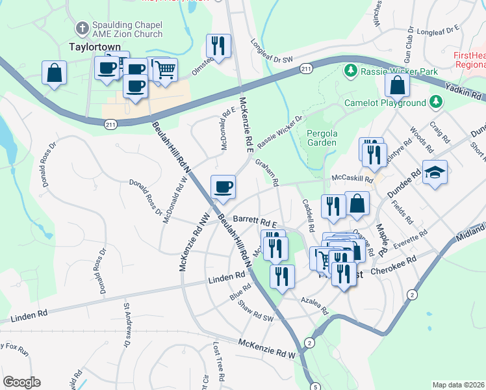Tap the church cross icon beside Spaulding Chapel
[x=82, y=29]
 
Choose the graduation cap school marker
[x=435, y=172]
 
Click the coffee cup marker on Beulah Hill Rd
[x=223, y=187]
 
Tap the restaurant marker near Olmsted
[x=218, y=45]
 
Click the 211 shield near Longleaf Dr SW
[x=306, y=69]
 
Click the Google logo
[x=21, y=382]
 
